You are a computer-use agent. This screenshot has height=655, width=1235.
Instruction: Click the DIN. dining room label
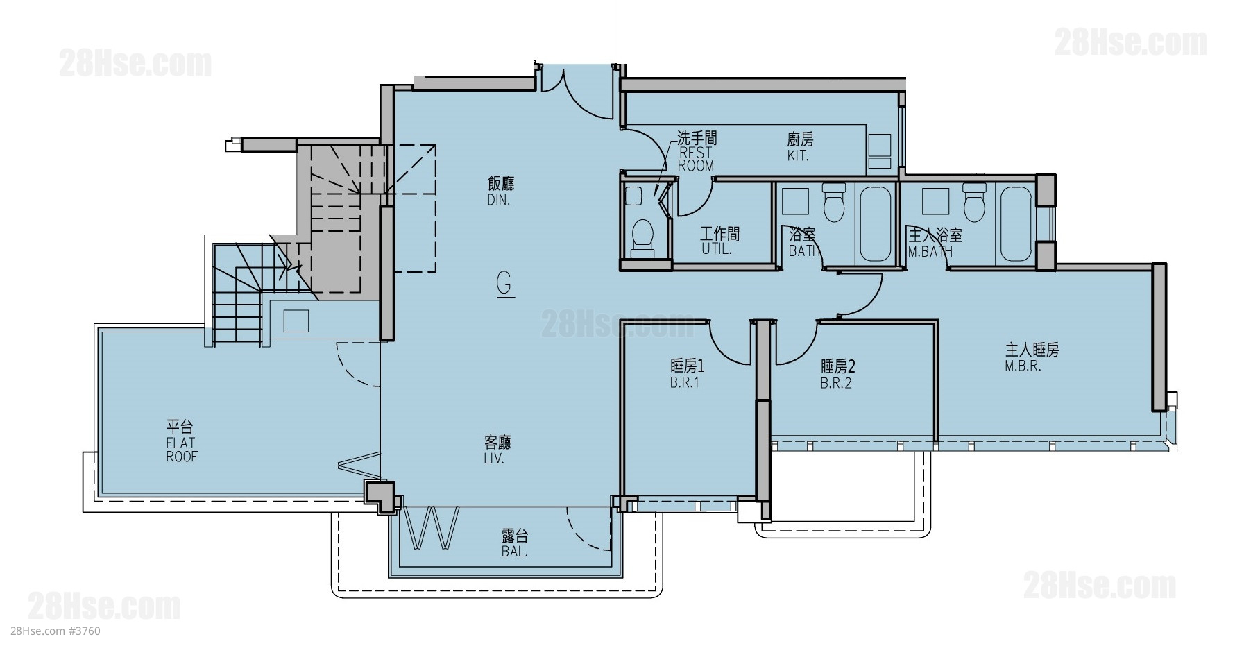coord(500,201)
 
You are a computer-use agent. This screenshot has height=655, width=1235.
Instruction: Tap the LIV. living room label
coord(495,459)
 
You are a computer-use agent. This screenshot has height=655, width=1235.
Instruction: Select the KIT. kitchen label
coord(798,156)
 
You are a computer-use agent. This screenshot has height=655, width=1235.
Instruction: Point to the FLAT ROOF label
coord(181,450)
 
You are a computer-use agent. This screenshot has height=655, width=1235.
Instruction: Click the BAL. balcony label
coord(514,553)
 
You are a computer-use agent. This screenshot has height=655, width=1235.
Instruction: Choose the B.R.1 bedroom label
coord(684,383)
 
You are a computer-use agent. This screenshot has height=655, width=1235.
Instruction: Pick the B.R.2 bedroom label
coord(836,384)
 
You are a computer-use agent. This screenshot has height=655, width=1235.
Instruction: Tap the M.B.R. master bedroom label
coord(1023,367)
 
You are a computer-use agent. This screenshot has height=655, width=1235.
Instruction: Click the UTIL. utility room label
coord(717,250)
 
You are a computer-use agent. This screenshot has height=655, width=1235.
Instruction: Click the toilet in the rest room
coord(644,235)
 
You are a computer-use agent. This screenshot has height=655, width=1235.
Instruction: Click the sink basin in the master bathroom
coord(932,201)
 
